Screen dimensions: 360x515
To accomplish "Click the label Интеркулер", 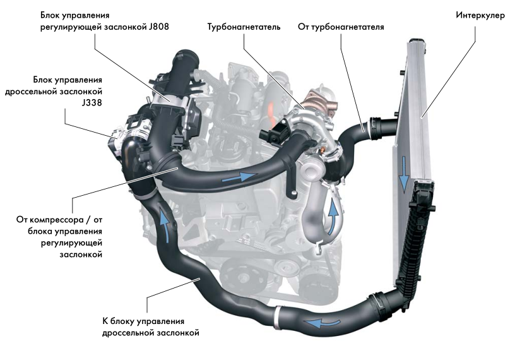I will coord(480,15).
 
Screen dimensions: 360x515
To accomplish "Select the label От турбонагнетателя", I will coord(341,27).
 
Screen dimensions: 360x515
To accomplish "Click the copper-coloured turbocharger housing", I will coord(319,101).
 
